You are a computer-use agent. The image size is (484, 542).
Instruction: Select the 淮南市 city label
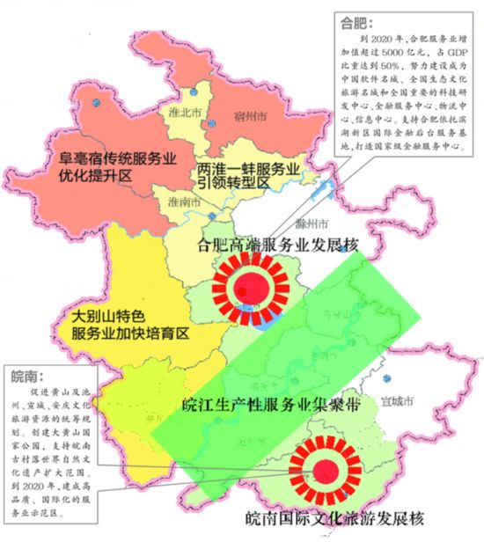[183, 201]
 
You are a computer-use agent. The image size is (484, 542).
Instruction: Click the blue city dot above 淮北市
[191, 91]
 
